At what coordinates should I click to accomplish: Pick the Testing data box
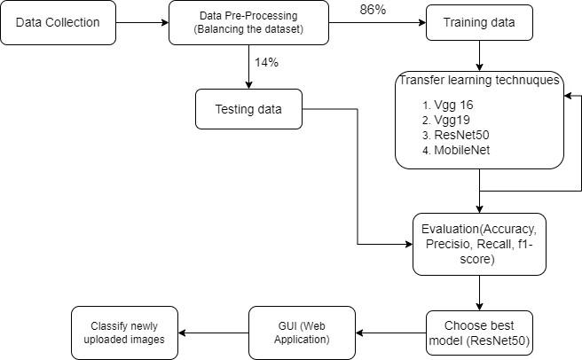click(249, 109)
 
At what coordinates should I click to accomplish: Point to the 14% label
click(266, 63)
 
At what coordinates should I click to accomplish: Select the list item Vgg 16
click(454, 105)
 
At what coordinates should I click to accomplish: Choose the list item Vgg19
click(452, 120)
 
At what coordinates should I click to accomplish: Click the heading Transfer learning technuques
click(479, 81)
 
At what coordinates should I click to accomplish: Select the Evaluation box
click(479, 242)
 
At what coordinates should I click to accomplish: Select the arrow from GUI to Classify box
click(213, 333)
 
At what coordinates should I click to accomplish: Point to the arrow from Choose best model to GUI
click(390, 333)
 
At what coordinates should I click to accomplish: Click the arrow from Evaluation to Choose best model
click(479, 291)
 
